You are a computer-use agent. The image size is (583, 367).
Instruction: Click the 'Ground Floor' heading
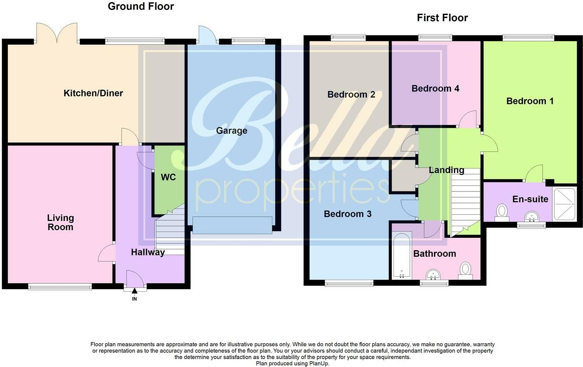coord(141,6)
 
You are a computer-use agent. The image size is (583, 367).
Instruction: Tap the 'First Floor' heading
coord(442,18)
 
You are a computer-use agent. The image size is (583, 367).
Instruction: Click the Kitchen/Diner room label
coord(93,93)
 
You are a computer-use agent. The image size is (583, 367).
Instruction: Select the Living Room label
coord(60,222)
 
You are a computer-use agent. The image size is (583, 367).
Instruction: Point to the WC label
coord(168,177)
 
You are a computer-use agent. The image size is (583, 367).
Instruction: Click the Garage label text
coord(232,131)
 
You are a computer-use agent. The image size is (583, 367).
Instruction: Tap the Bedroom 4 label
coord(435,88)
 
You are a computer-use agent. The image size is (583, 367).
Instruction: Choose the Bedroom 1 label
coord(530,101)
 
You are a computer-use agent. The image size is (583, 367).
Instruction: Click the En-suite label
coord(530,199)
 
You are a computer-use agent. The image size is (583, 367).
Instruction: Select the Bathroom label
coord(434,253)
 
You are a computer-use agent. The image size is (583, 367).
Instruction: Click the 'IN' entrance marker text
coord(135,299)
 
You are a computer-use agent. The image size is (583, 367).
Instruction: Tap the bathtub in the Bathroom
coord(401,256)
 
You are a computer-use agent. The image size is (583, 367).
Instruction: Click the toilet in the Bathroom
coord(465,270)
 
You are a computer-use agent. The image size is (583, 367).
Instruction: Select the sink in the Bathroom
coord(434,275)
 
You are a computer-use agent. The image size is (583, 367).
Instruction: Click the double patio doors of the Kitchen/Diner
coord(57,33)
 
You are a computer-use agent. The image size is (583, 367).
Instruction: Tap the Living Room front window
coord(60,286)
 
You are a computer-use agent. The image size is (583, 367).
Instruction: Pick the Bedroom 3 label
coord(347,214)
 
